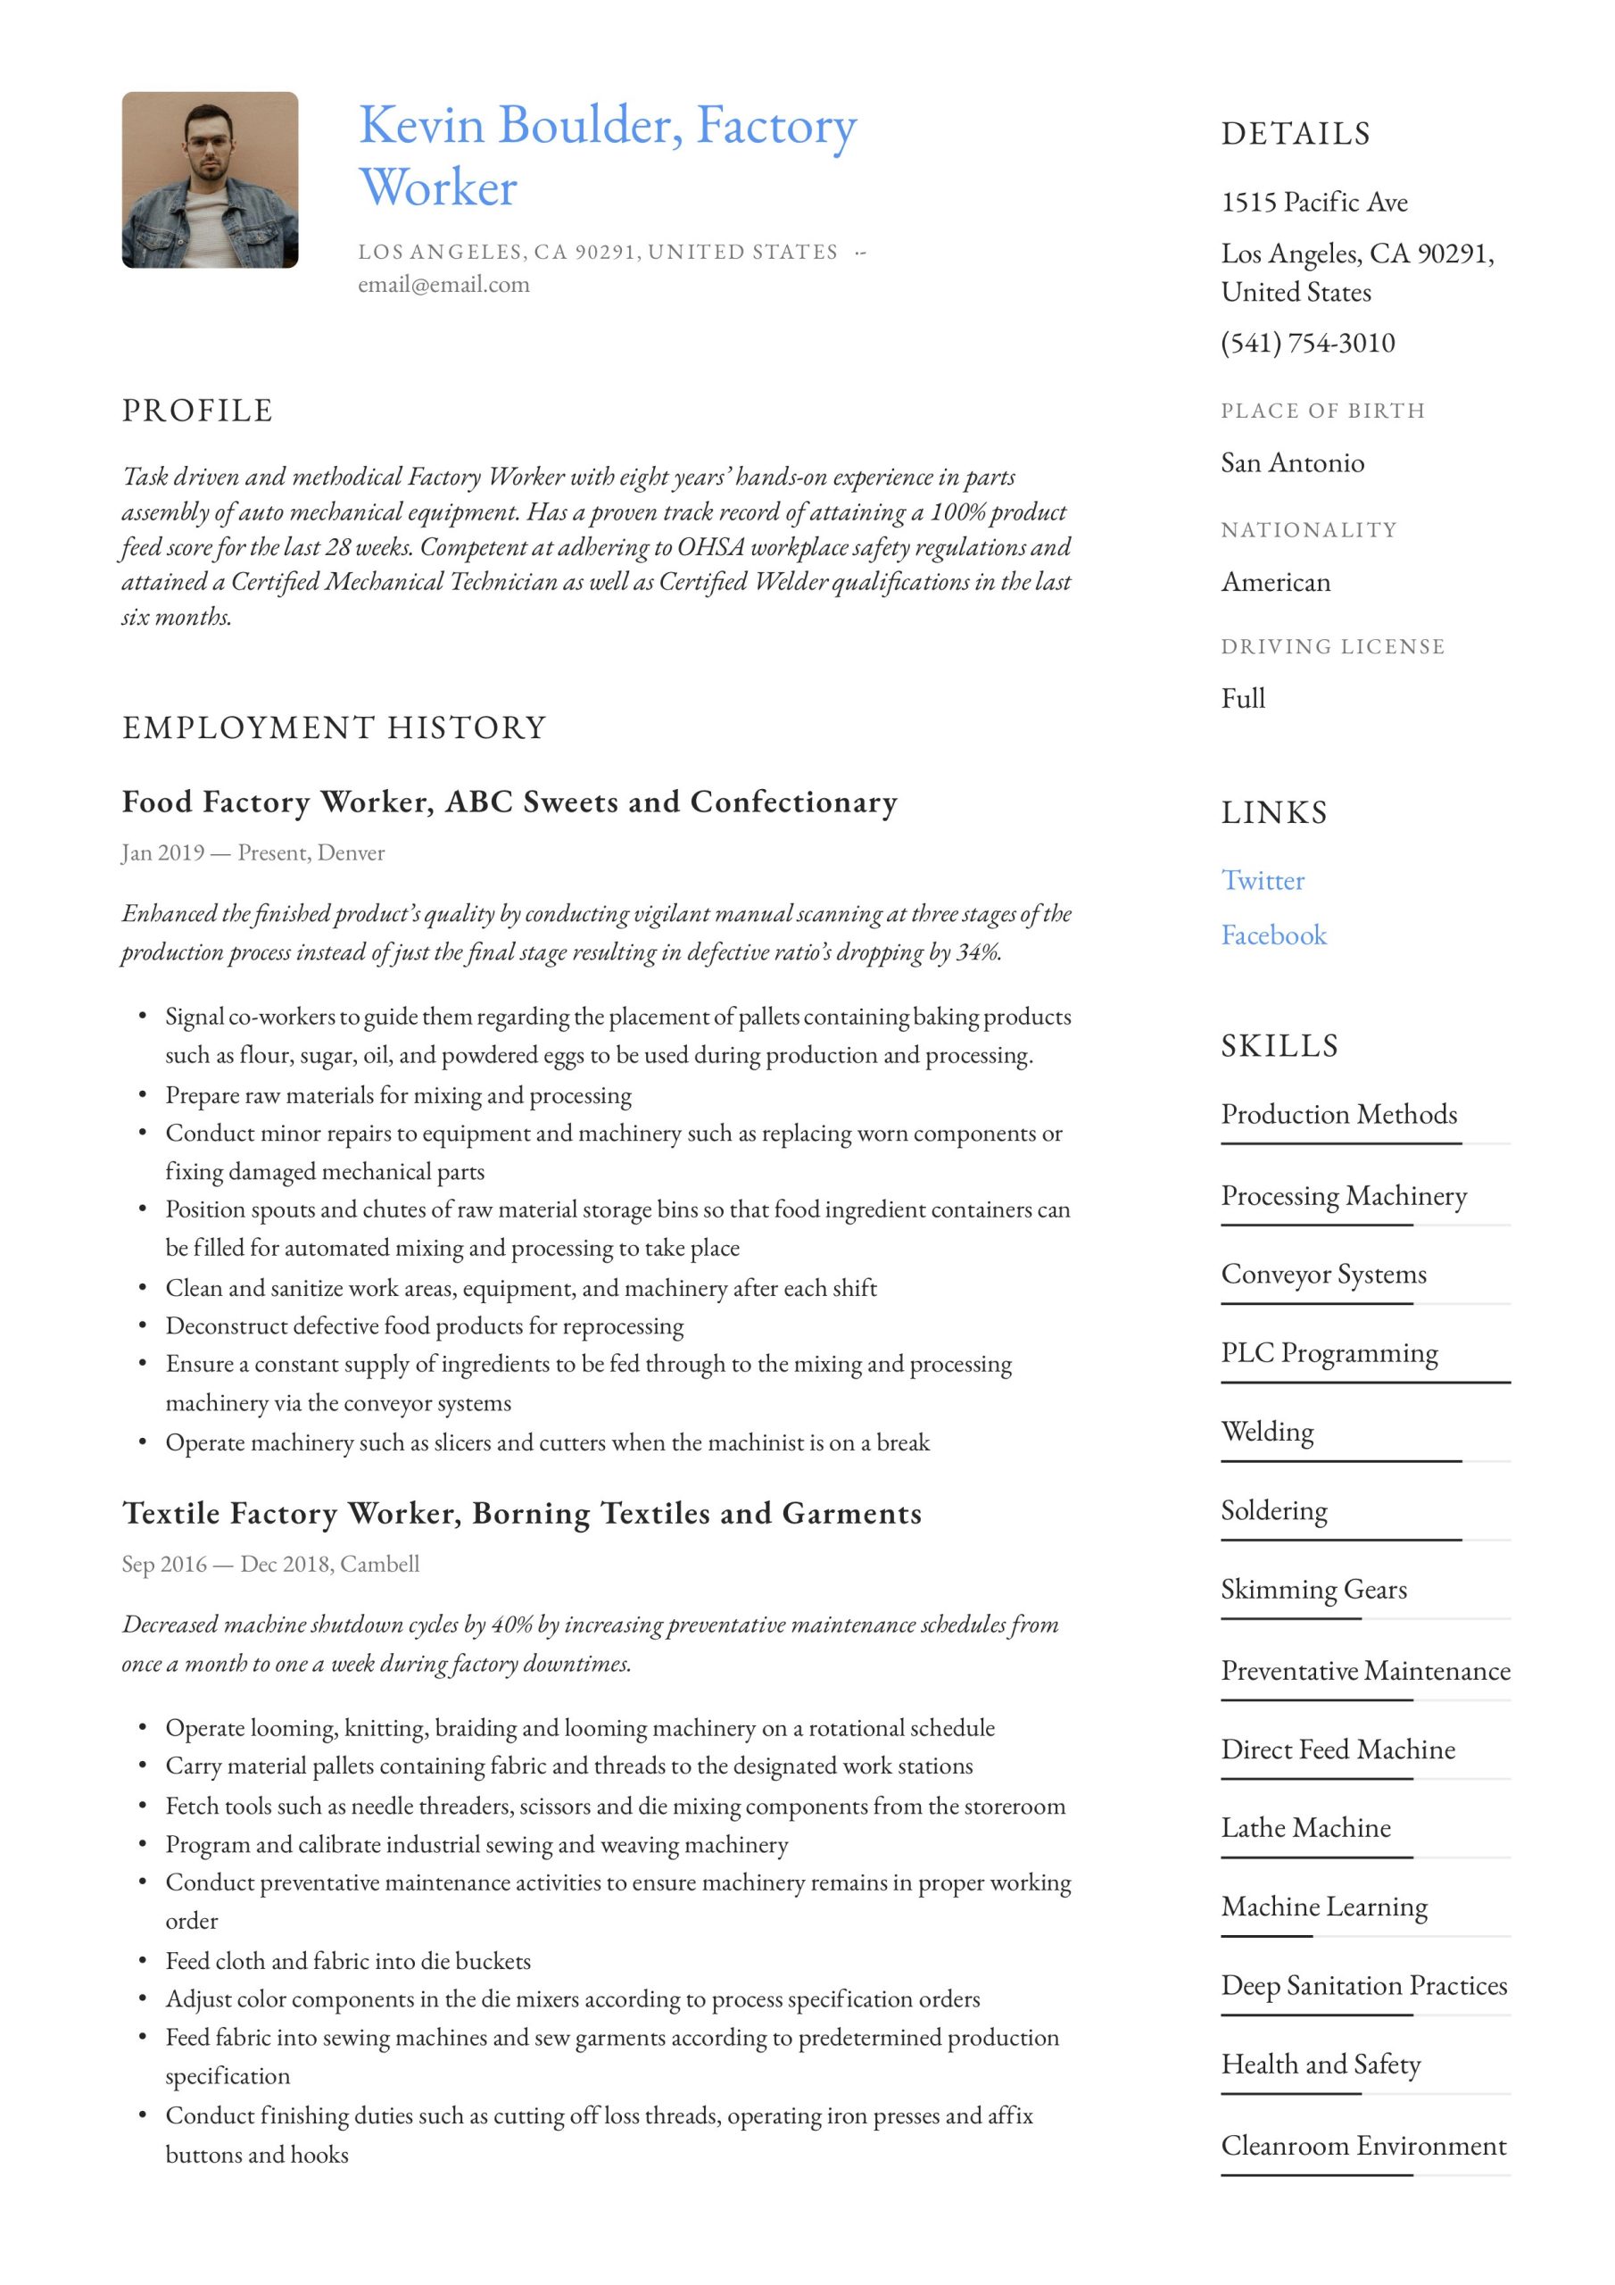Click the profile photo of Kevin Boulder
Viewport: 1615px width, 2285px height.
click(x=210, y=180)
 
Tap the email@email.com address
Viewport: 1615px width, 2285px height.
click(x=443, y=285)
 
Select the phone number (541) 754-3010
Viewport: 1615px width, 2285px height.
click(x=1307, y=344)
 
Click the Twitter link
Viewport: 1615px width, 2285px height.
click(x=1262, y=881)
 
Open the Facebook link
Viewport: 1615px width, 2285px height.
click(x=1273, y=935)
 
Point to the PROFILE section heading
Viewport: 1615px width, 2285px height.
click(x=197, y=411)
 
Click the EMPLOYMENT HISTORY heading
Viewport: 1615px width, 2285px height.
click(x=335, y=728)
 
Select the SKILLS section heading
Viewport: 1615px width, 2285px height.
click(x=1280, y=1046)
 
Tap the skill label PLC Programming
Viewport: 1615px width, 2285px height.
click(x=1329, y=1353)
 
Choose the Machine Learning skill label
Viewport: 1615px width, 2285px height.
click(x=1324, y=1907)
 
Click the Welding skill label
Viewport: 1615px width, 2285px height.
click(x=1268, y=1432)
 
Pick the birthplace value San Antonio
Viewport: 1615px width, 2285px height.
click(x=1293, y=464)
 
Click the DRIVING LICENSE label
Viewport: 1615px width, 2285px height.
click(x=1332, y=647)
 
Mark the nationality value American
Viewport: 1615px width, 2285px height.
click(x=1276, y=582)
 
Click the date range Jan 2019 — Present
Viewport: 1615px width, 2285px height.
click(x=214, y=853)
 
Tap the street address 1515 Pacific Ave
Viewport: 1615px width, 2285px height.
click(x=1314, y=203)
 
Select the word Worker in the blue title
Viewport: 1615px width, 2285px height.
click(x=438, y=188)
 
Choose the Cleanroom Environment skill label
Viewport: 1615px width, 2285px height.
click(x=1363, y=2146)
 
